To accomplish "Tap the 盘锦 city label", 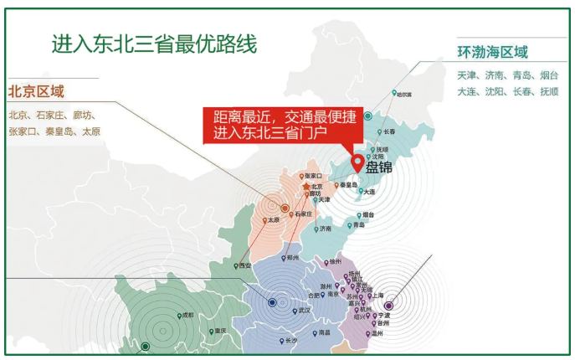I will coord(379,167).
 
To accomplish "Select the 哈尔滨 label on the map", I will coord(404,95).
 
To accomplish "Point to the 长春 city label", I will coord(387,131).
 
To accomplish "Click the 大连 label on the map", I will coord(370,192).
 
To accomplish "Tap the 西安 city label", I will coord(244,265).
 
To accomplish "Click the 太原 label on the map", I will coord(273,220).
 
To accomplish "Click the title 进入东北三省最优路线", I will coord(154,42).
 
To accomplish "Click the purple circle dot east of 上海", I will coord(388,306).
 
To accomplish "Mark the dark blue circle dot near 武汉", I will coord(272,302).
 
